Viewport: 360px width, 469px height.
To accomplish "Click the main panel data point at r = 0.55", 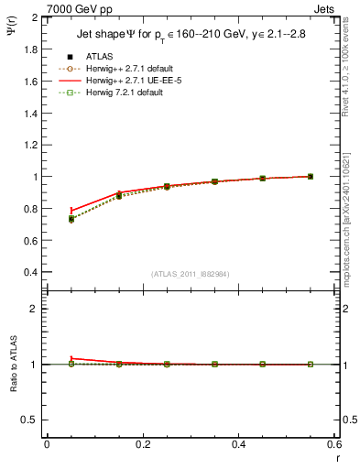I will [311, 176].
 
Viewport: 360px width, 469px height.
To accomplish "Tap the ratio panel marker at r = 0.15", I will [119, 364].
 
